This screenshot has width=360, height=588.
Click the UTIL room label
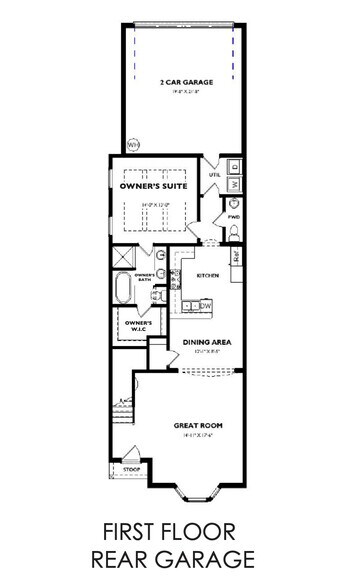point(214,175)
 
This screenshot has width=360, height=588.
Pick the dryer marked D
point(235,167)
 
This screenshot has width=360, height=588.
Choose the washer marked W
point(235,185)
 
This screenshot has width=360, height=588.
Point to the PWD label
point(234,216)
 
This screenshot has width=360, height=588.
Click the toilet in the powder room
point(234,231)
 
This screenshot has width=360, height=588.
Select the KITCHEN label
point(207,276)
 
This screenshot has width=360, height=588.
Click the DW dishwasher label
point(204,306)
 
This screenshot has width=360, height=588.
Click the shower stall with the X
point(124,257)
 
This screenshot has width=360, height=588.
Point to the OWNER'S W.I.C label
point(138,326)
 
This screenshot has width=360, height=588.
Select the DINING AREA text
point(208,343)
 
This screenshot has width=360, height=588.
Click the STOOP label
point(131,468)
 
